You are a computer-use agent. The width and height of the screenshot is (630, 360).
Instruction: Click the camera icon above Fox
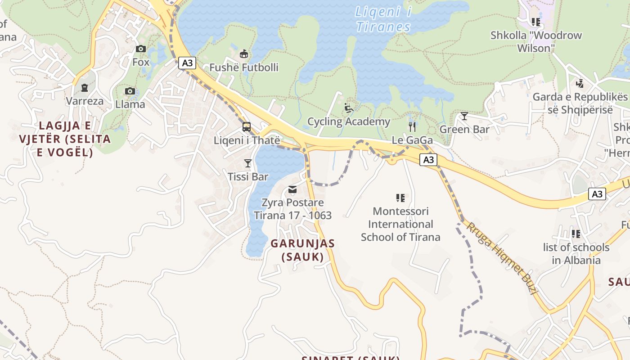(x=141, y=49)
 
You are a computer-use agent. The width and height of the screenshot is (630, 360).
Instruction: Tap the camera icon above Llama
(x=130, y=91)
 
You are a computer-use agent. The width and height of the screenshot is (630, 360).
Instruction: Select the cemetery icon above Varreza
(x=85, y=88)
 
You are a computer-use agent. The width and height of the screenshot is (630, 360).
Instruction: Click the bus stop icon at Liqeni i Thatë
(x=247, y=127)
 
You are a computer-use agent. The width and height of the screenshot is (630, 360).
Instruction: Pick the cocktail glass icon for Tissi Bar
(x=247, y=163)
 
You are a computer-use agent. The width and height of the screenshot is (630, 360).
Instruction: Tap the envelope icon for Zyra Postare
(x=292, y=189)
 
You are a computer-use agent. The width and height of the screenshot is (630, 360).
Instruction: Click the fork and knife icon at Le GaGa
(x=412, y=126)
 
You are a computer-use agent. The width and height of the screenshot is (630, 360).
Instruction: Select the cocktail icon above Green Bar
(x=464, y=116)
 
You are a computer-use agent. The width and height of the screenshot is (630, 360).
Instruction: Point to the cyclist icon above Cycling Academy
(x=348, y=108)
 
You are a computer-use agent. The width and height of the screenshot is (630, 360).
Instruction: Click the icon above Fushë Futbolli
(x=243, y=54)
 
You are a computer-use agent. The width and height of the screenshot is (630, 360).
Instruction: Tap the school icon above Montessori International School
(x=400, y=198)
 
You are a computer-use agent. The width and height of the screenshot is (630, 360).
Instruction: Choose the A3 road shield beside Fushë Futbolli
(x=187, y=63)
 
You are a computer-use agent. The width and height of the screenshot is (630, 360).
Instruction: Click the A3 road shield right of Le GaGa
(x=428, y=159)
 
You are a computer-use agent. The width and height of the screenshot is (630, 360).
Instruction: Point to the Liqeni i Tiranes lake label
(x=383, y=19)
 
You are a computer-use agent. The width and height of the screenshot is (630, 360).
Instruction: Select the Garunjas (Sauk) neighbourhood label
(x=302, y=250)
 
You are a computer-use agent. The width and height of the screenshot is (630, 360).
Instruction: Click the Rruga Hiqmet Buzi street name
(x=502, y=258)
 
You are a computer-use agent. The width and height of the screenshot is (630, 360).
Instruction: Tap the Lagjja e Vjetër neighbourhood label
(x=65, y=139)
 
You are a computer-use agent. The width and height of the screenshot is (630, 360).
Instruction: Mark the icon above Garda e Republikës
(x=580, y=83)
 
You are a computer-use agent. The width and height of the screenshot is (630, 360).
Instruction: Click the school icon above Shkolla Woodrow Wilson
(x=535, y=22)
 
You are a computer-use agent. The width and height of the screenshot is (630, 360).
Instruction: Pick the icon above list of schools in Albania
(x=576, y=234)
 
